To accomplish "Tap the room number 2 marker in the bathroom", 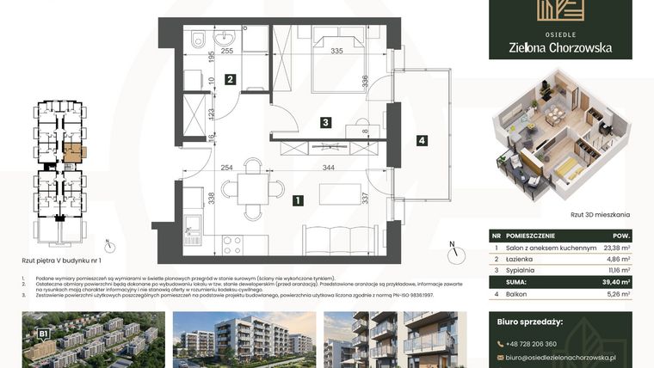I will pyautogui.click(x=230, y=80).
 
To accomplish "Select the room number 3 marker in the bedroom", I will pyautogui.click(x=325, y=123).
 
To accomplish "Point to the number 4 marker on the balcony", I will pyautogui.click(x=421, y=140).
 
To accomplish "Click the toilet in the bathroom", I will pyautogui.click(x=197, y=38).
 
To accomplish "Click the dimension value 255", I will pyautogui.click(x=227, y=52).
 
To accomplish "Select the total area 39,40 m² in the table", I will pyautogui.click(x=616, y=280).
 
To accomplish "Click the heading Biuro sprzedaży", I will pyautogui.click(x=530, y=322).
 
